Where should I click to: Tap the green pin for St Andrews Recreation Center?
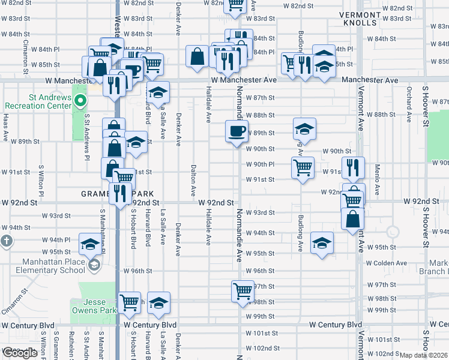point(77,101)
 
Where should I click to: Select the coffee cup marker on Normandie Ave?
point(237,131)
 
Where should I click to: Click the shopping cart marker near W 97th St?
point(243,292)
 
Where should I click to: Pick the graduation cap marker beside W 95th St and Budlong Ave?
point(322,244)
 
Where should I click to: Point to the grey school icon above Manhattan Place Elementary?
point(93,265)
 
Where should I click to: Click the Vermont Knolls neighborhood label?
point(360,18)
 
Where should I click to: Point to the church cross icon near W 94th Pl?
point(7,242)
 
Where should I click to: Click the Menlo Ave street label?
point(378,180)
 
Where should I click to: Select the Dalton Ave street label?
point(193,181)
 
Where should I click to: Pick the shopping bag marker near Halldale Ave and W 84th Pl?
point(197,58)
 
